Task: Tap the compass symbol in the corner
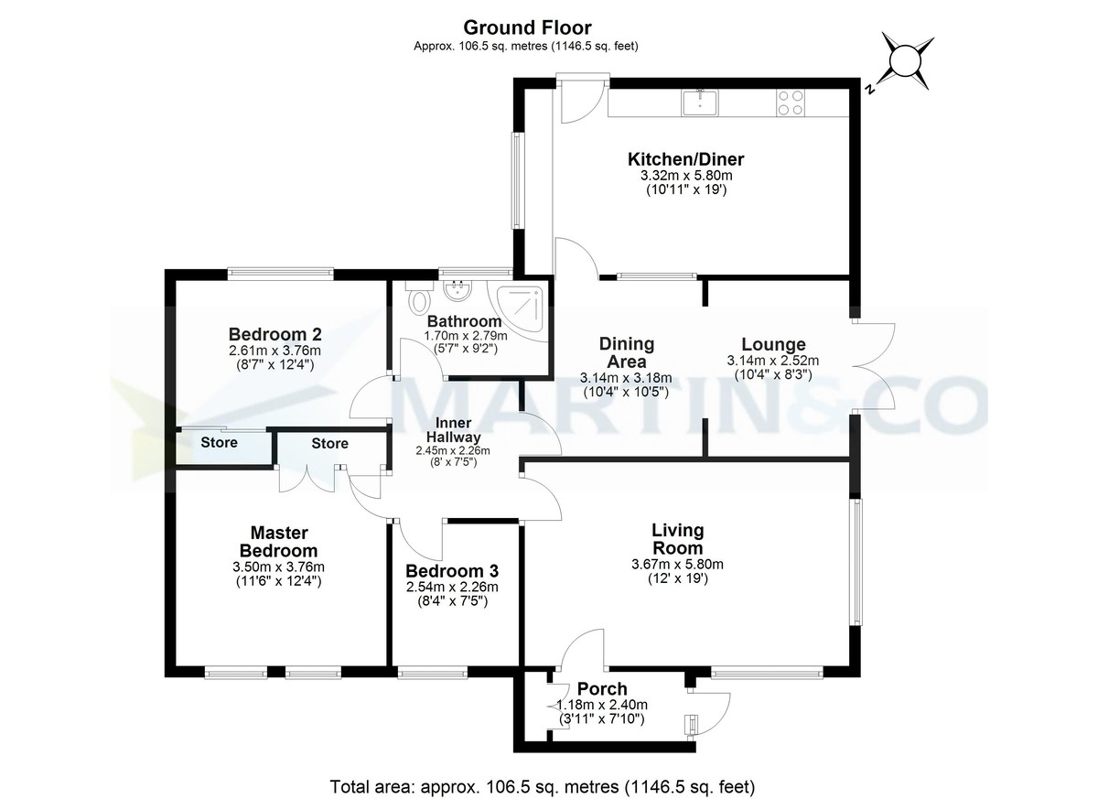click(x=905, y=61)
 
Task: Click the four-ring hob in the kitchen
click(x=790, y=101)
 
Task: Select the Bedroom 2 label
click(x=275, y=333)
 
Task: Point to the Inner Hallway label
click(x=453, y=429)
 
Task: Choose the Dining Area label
click(x=626, y=351)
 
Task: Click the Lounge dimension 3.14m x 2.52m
click(x=772, y=361)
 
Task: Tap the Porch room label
click(x=602, y=688)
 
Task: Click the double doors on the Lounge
click(x=875, y=366)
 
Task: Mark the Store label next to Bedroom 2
click(x=220, y=443)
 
